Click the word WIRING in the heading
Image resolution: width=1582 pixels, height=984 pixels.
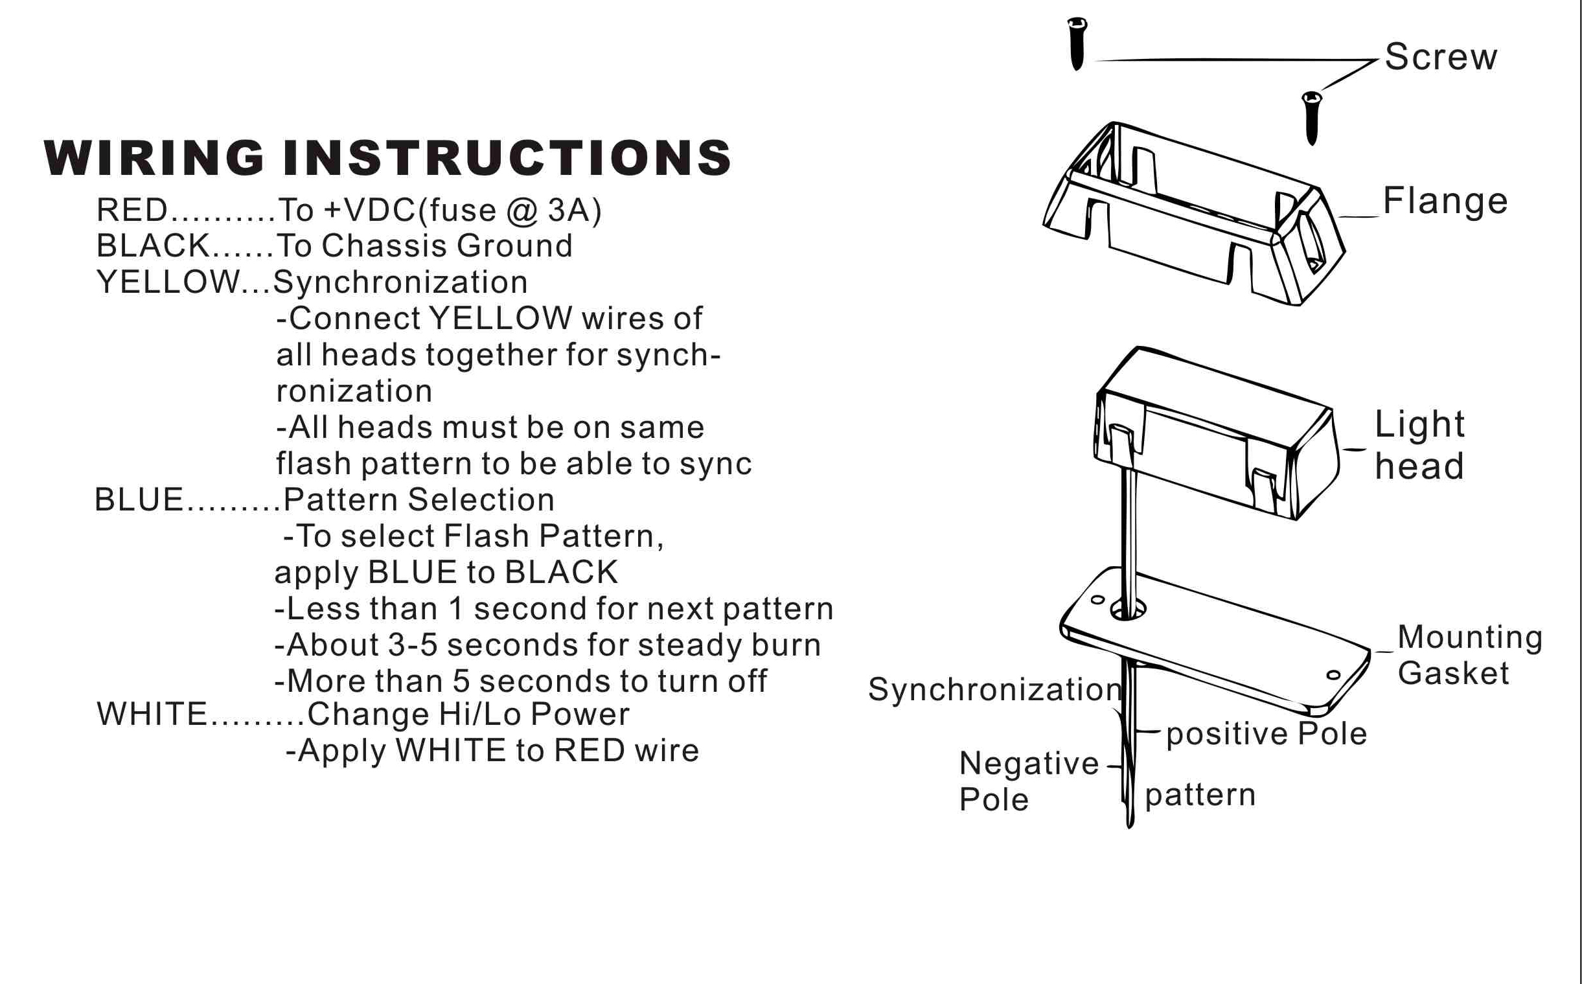coord(154,158)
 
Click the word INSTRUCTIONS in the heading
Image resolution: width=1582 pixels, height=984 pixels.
coord(507,158)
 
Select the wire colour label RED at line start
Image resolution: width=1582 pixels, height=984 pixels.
coord(132,210)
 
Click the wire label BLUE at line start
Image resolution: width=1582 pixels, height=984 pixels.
coord(139,500)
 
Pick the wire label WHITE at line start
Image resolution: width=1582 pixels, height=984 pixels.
coord(152,714)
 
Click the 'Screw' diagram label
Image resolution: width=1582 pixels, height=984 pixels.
coord(1441,57)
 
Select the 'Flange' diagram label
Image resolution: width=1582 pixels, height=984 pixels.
coord(1445,201)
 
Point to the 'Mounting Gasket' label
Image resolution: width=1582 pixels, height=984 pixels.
coord(1469,655)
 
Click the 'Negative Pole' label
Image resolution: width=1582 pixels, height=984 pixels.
coord(1028,781)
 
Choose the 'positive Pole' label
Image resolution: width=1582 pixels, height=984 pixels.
coord(1267,734)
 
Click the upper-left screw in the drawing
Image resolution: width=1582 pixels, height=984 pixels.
coord(1077,43)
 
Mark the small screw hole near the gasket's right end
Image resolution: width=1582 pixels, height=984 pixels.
coord(1333,675)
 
